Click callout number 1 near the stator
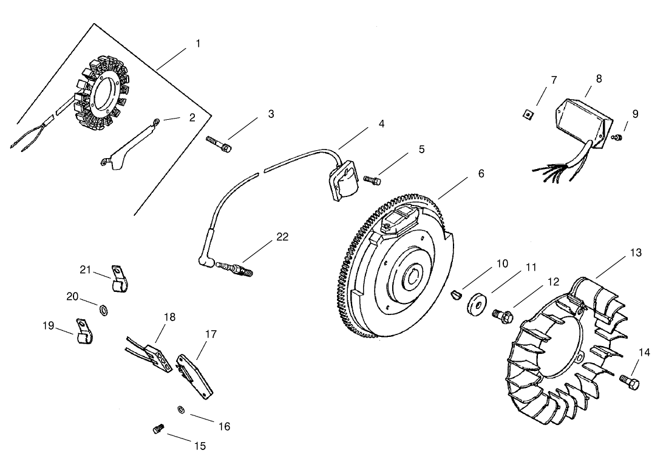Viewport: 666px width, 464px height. point(198,44)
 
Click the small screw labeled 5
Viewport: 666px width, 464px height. point(372,179)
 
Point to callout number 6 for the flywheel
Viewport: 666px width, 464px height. point(481,173)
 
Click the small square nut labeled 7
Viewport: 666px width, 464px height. point(529,113)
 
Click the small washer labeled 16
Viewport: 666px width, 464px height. point(182,409)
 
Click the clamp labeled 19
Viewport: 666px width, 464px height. point(83,331)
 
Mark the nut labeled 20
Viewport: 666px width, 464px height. point(104,311)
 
